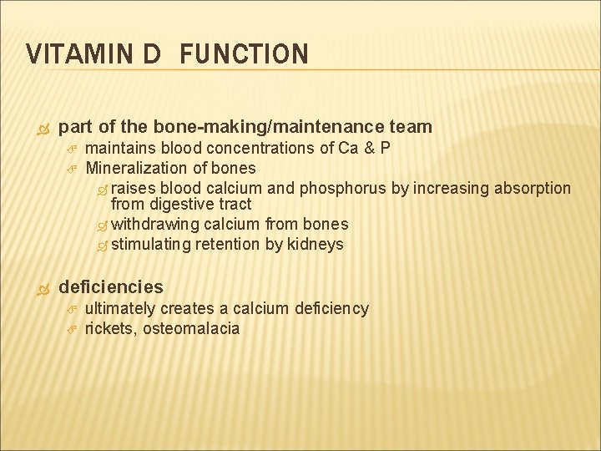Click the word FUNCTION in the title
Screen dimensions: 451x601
tap(243, 55)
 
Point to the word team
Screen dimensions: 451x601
tap(411, 127)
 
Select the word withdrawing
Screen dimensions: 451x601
tap(155, 224)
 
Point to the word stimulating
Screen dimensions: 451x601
tap(152, 244)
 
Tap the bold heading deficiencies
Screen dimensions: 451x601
tap(111, 287)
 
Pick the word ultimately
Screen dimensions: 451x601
tap(120, 308)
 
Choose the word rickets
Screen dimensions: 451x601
tap(111, 328)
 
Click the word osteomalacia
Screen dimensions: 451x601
tap(191, 328)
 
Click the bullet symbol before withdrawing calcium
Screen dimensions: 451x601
tap(103, 225)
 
